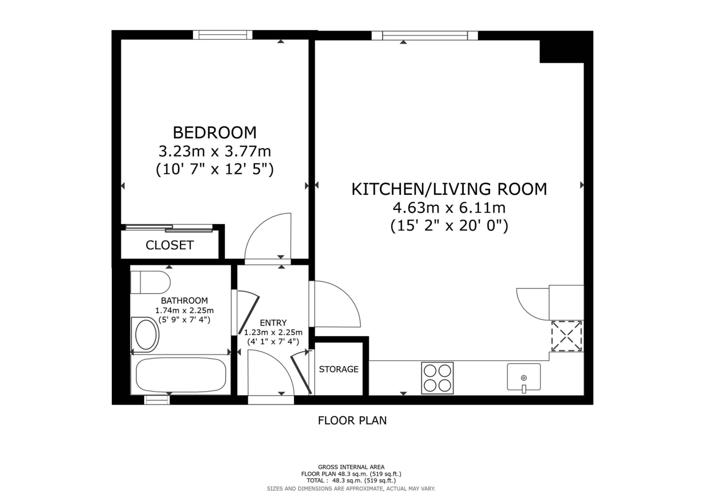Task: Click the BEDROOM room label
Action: pyautogui.click(x=215, y=133)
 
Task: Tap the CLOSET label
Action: pyautogui.click(x=170, y=245)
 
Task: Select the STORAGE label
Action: pyautogui.click(x=339, y=369)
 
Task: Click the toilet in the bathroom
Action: pyautogui.click(x=150, y=282)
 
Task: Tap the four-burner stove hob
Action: pyautogui.click(x=437, y=378)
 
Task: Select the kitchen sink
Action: pyautogui.click(x=524, y=377)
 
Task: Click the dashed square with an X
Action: pyautogui.click(x=566, y=336)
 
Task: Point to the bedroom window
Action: pyautogui.click(x=222, y=35)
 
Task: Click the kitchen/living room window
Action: pyautogui.click(x=425, y=35)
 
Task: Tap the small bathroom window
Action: pyautogui.click(x=157, y=400)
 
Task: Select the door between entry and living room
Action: pyautogui.click(x=337, y=304)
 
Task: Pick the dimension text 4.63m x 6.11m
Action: pyautogui.click(x=449, y=208)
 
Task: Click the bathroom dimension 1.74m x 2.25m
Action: pyautogui.click(x=184, y=310)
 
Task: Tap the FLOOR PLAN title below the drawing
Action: pyautogui.click(x=352, y=420)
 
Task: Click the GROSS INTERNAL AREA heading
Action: pyautogui.click(x=351, y=467)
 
